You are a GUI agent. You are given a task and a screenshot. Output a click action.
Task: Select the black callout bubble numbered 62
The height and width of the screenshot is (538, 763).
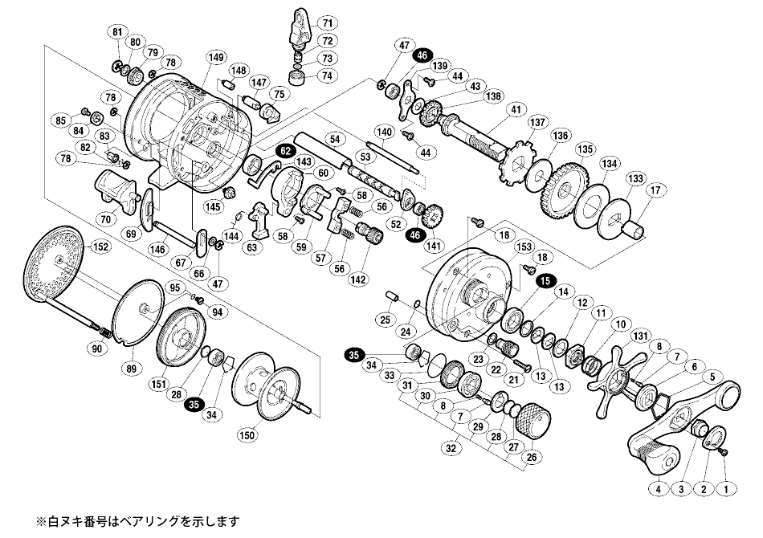click(x=286, y=150)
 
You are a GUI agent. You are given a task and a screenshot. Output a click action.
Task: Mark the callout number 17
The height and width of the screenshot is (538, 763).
click(x=656, y=190)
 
